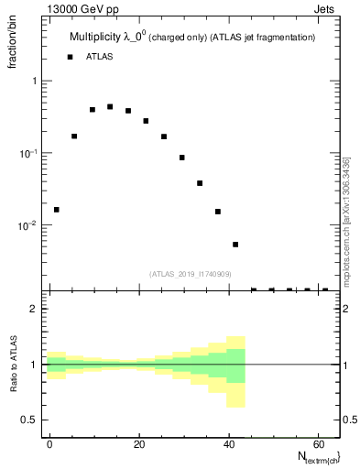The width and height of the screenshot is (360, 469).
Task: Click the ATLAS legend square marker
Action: (x=70, y=57)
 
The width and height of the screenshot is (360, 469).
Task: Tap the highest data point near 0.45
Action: (x=110, y=106)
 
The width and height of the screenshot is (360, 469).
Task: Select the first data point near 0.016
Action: (x=56, y=210)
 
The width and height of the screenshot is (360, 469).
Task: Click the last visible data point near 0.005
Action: (x=235, y=245)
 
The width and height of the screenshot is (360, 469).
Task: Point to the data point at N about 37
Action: (x=218, y=212)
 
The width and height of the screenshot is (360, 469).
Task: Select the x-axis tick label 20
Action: (x=139, y=443)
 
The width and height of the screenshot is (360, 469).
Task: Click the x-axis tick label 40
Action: (x=229, y=443)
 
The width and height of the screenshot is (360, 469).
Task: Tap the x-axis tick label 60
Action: (x=319, y=443)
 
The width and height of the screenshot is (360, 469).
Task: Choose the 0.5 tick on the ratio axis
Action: (x=29, y=420)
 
